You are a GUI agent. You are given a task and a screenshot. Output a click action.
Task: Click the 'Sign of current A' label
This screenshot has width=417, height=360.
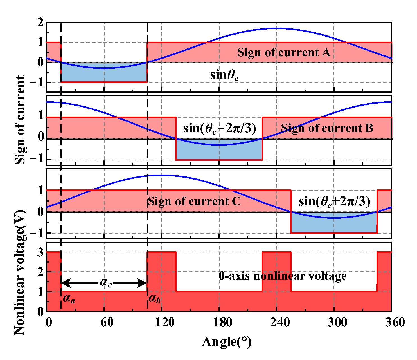pyautogui.click(x=283, y=53)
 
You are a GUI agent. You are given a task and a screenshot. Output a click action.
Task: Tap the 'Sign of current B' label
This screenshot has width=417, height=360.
pyautogui.click(x=327, y=128)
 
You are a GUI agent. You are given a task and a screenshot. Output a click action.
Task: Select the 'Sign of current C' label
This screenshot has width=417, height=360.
pyautogui.click(x=194, y=202)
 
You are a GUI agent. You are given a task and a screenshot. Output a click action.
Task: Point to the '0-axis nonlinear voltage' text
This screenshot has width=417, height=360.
pyautogui.click(x=282, y=276)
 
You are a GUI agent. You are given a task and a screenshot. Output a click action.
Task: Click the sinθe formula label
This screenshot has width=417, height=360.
pyautogui.click(x=224, y=75)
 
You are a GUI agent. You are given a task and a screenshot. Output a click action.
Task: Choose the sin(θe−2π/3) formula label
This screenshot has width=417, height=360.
pyautogui.click(x=220, y=128)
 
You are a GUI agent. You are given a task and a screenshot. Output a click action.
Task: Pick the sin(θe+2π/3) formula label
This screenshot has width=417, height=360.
pyautogui.click(x=334, y=202)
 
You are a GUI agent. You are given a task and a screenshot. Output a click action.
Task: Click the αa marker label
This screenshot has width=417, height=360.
pyautogui.click(x=69, y=299)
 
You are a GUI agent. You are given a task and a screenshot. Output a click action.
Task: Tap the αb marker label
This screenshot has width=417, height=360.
pyautogui.click(x=154, y=299)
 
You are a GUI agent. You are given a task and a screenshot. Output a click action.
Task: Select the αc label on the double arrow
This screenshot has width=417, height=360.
pyautogui.click(x=106, y=283)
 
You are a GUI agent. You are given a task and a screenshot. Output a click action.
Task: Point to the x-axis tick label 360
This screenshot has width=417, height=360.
pyautogui.click(x=395, y=322)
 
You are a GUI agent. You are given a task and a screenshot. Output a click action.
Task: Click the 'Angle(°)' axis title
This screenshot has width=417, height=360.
pyautogui.click(x=227, y=342)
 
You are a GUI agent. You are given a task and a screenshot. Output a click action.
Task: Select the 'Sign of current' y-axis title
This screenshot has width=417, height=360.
pyautogui.click(x=20, y=120)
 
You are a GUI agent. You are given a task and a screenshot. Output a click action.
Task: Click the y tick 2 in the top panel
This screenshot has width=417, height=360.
pyautogui.click(x=40, y=23)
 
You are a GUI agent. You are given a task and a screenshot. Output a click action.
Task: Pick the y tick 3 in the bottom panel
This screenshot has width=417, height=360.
pyautogui.click(x=40, y=252)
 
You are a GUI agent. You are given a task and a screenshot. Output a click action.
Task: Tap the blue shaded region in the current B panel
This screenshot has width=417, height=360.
pyautogui.click(x=219, y=152)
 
